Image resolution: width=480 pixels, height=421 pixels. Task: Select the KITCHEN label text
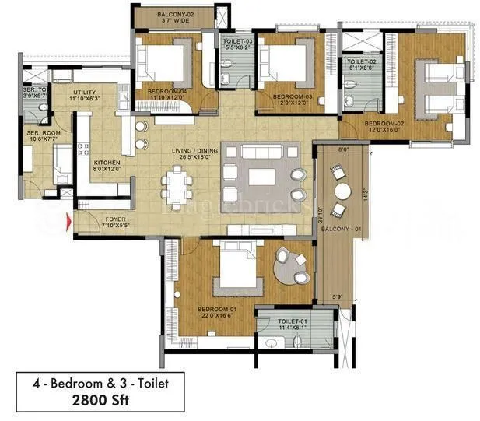[107, 163]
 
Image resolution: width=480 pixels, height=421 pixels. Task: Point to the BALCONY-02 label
[175, 15]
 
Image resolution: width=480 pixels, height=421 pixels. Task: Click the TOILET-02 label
[362, 61]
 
